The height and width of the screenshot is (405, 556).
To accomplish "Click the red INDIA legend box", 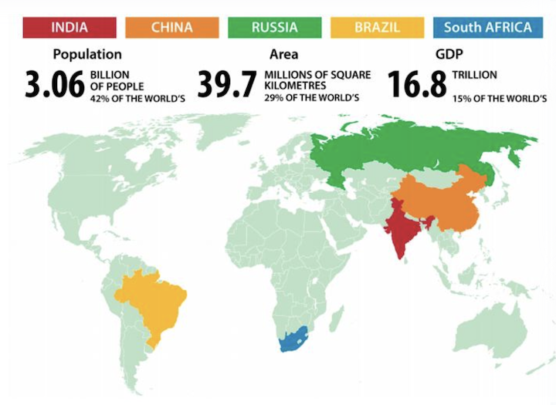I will (69, 27).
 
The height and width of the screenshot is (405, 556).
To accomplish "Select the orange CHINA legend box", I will (171, 27).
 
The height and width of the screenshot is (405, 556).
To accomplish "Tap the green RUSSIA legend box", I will (274, 27).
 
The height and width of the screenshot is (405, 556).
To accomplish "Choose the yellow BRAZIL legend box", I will (377, 27).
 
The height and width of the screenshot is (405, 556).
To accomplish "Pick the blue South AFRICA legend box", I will (487, 27).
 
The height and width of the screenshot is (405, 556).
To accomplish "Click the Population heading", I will (86, 55).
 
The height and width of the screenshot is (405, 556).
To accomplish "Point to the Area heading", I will (283, 55).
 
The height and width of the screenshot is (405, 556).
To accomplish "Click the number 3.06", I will (54, 86).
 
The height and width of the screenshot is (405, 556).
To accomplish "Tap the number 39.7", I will (226, 86).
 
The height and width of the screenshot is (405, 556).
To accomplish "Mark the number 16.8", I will (416, 86).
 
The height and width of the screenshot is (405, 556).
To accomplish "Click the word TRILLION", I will (475, 75).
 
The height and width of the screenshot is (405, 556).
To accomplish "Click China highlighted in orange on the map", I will (440, 202).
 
